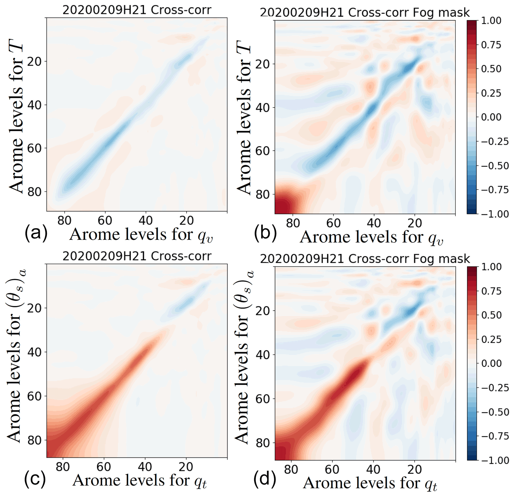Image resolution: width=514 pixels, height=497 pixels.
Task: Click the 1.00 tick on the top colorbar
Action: (x=491, y=21)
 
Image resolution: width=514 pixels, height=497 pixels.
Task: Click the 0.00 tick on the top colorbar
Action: (x=491, y=117)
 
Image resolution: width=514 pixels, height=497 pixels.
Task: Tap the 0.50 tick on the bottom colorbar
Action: (x=491, y=315)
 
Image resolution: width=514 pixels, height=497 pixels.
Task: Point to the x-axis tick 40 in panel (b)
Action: (x=374, y=223)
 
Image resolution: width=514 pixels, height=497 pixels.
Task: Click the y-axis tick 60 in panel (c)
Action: (x=34, y=396)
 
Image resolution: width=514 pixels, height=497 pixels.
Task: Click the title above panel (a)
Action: (x=137, y=10)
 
